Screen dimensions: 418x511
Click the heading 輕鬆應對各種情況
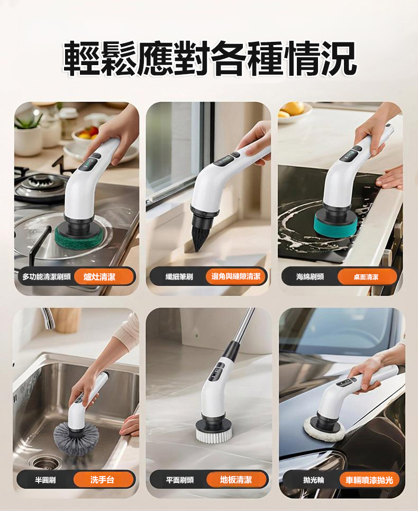[210, 59]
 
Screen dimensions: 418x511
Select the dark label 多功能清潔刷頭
[47, 277]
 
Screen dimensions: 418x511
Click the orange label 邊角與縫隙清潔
[235, 277]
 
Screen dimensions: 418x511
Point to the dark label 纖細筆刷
[179, 277]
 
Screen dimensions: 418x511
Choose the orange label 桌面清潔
[366, 277]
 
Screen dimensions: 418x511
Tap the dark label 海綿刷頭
[310, 277]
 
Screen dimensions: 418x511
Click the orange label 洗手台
[102, 480]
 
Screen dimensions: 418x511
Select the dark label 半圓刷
[46, 480]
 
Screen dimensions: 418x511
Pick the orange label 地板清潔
[236, 480]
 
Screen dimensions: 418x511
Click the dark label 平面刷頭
[180, 480]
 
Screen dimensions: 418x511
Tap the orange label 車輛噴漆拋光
[369, 480]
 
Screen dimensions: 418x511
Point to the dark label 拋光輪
[313, 480]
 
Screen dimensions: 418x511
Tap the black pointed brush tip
[200, 233]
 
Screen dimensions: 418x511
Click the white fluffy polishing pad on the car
[324, 430]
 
